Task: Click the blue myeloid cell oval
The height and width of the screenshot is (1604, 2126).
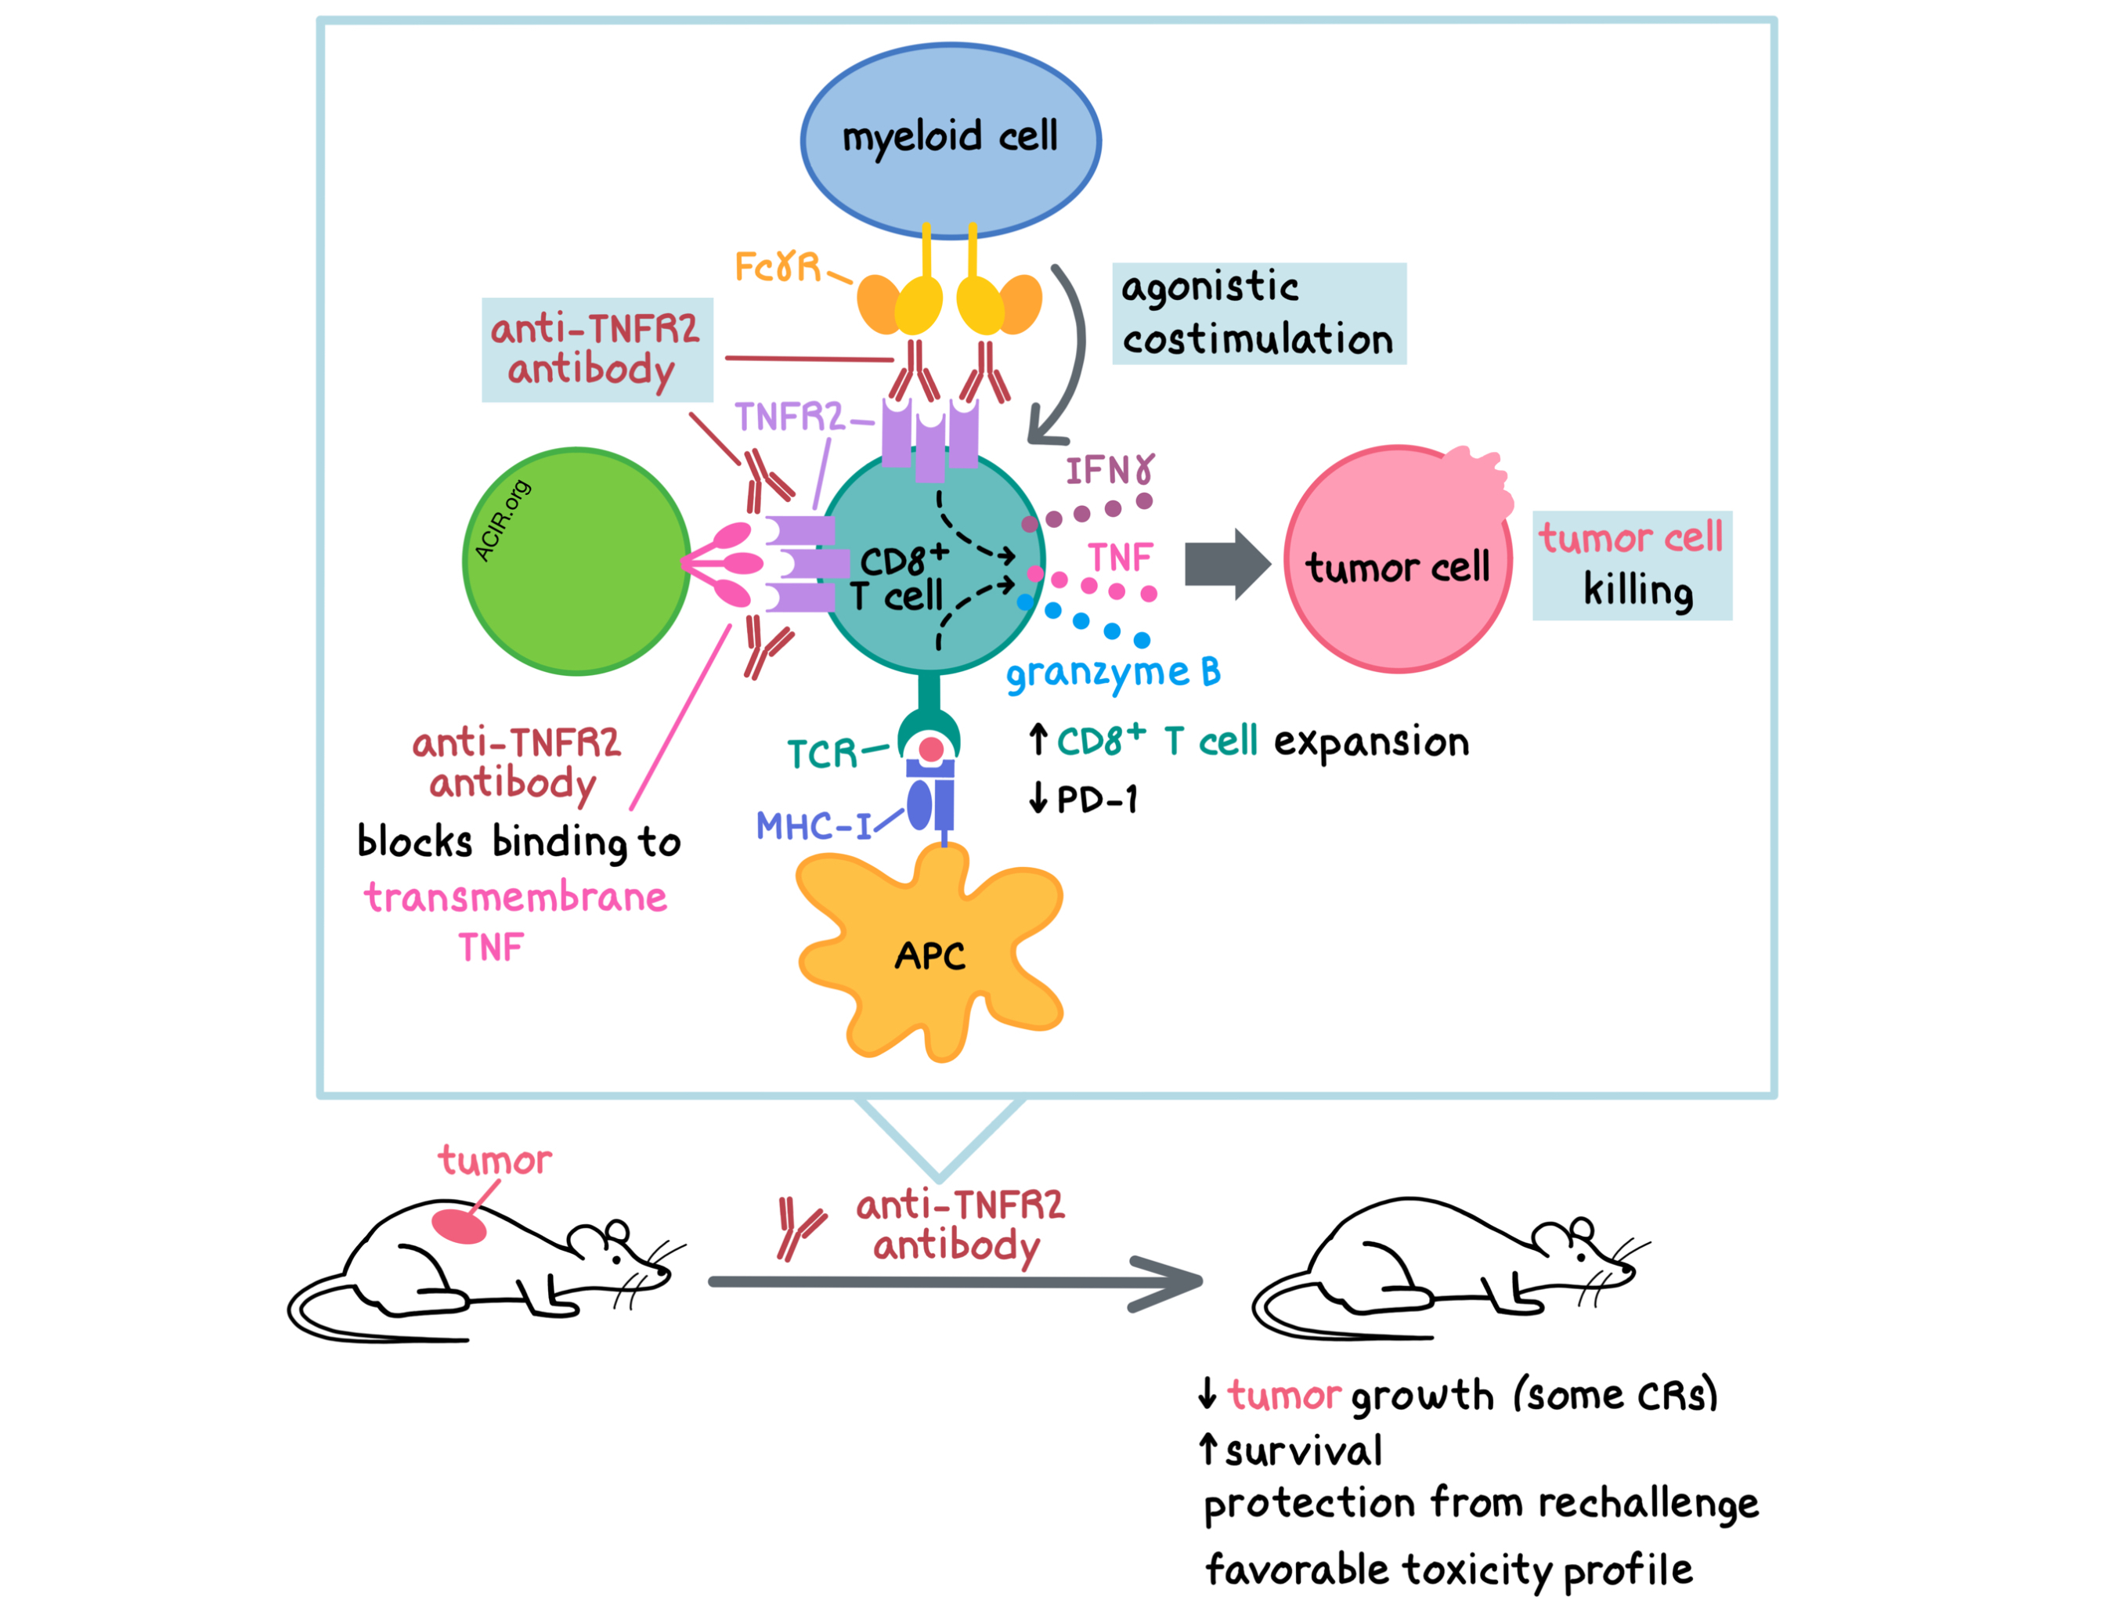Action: click(950, 139)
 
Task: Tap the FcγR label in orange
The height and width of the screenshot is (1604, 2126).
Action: click(777, 266)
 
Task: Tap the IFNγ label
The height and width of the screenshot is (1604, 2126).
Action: click(1108, 470)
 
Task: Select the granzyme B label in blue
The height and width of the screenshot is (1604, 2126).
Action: click(1112, 673)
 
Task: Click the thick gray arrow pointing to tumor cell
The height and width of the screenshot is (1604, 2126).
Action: click(1225, 563)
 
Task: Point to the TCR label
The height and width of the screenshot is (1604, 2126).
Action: click(821, 753)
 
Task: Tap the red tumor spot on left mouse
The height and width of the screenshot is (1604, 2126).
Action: click(458, 1226)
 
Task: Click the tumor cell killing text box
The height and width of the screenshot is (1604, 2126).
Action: click(1631, 565)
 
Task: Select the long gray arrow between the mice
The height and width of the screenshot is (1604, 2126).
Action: click(951, 1282)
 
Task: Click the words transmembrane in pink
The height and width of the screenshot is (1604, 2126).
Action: click(515, 898)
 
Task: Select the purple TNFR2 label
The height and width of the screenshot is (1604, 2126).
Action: click(788, 417)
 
